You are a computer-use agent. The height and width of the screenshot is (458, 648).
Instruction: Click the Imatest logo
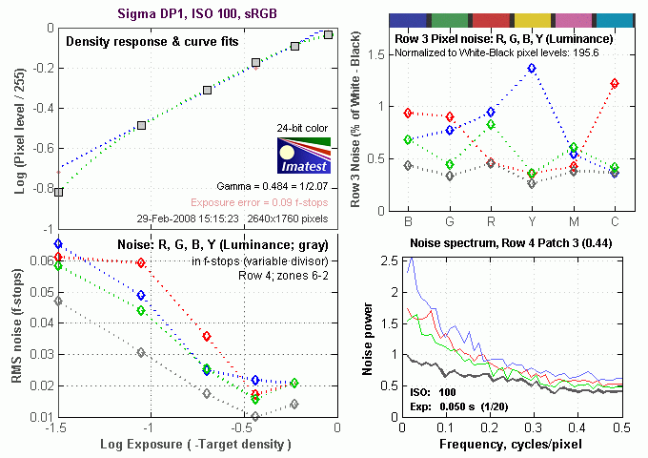[x=303, y=156]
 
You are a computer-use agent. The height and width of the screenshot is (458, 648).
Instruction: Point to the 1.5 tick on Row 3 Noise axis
[x=376, y=55]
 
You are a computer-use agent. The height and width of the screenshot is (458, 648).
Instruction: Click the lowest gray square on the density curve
[x=58, y=192]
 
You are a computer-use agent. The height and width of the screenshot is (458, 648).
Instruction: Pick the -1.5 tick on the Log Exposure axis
[x=55, y=428]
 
